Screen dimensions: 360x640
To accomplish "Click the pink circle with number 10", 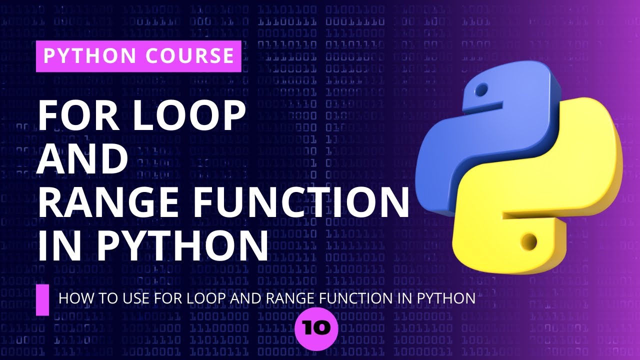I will [x=317, y=328].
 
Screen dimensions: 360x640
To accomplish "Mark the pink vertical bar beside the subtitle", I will [x=42, y=300].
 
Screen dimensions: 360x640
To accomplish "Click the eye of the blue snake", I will [x=481, y=91].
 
